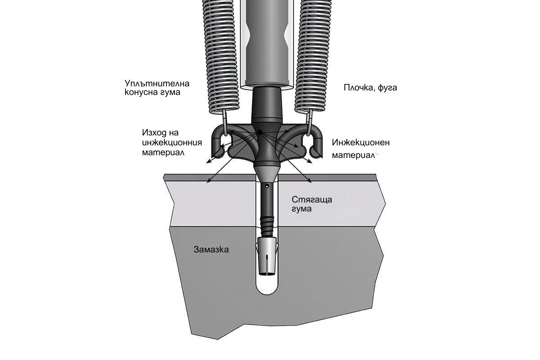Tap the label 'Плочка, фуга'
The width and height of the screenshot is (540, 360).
370,87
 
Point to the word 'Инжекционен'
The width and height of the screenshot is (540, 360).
361,143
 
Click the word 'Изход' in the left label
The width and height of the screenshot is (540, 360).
153,133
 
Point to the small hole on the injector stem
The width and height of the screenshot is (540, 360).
267,185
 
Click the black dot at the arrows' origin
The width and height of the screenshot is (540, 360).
260,132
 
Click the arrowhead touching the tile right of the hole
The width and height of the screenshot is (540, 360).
310,182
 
